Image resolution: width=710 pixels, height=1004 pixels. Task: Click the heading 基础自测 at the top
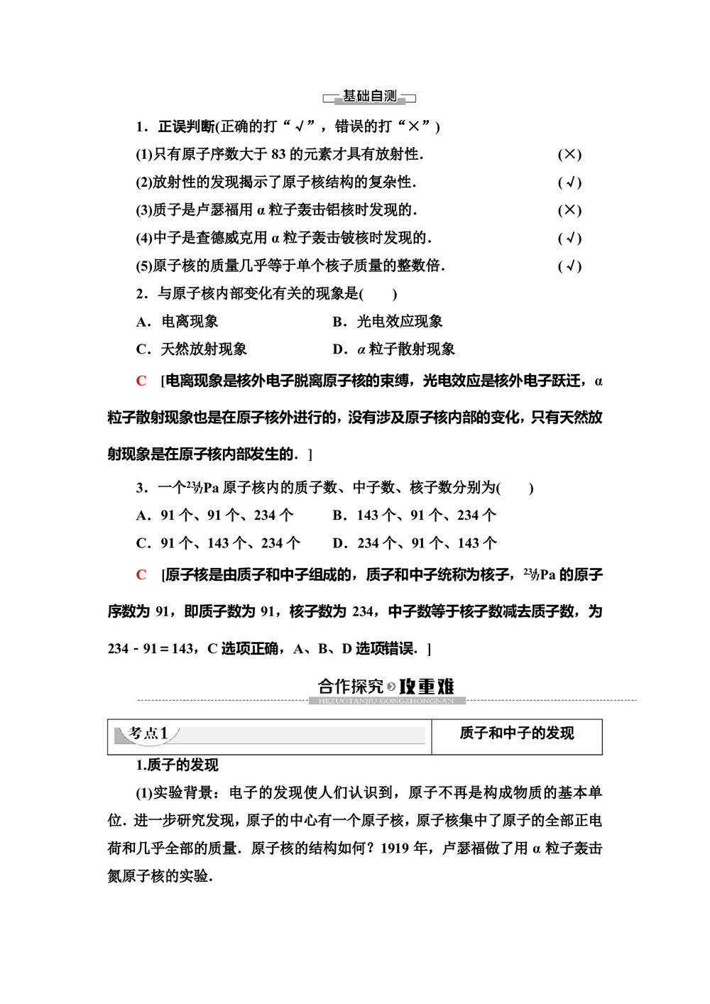[369, 97]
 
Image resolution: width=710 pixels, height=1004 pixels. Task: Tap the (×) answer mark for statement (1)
[569, 155]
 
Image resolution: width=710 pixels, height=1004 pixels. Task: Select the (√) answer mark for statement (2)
[569, 182]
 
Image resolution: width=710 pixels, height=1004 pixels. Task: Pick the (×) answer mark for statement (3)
[569, 210]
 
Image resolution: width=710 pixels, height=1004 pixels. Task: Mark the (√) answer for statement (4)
[569, 239]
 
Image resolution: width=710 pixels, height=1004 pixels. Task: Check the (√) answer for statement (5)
[569, 266]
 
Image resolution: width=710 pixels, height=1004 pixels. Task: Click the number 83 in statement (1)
[278, 154]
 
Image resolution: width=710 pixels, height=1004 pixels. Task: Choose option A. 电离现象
[177, 322]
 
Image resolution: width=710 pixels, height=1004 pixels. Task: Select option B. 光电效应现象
[388, 322]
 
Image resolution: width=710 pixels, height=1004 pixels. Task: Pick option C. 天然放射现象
[191, 349]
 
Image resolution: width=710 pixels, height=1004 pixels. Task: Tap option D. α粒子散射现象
[393, 349]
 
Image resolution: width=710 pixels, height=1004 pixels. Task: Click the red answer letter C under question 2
[141, 381]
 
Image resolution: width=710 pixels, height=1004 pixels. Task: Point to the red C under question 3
[141, 575]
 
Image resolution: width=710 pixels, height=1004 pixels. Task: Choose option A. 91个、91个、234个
[214, 515]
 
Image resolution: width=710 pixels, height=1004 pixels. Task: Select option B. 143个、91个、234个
[415, 515]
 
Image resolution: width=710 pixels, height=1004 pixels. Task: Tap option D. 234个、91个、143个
[415, 543]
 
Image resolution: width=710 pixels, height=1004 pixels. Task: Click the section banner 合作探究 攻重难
[386, 687]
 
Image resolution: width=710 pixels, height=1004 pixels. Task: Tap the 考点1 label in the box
[148, 733]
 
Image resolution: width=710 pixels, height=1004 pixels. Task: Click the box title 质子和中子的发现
[516, 733]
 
